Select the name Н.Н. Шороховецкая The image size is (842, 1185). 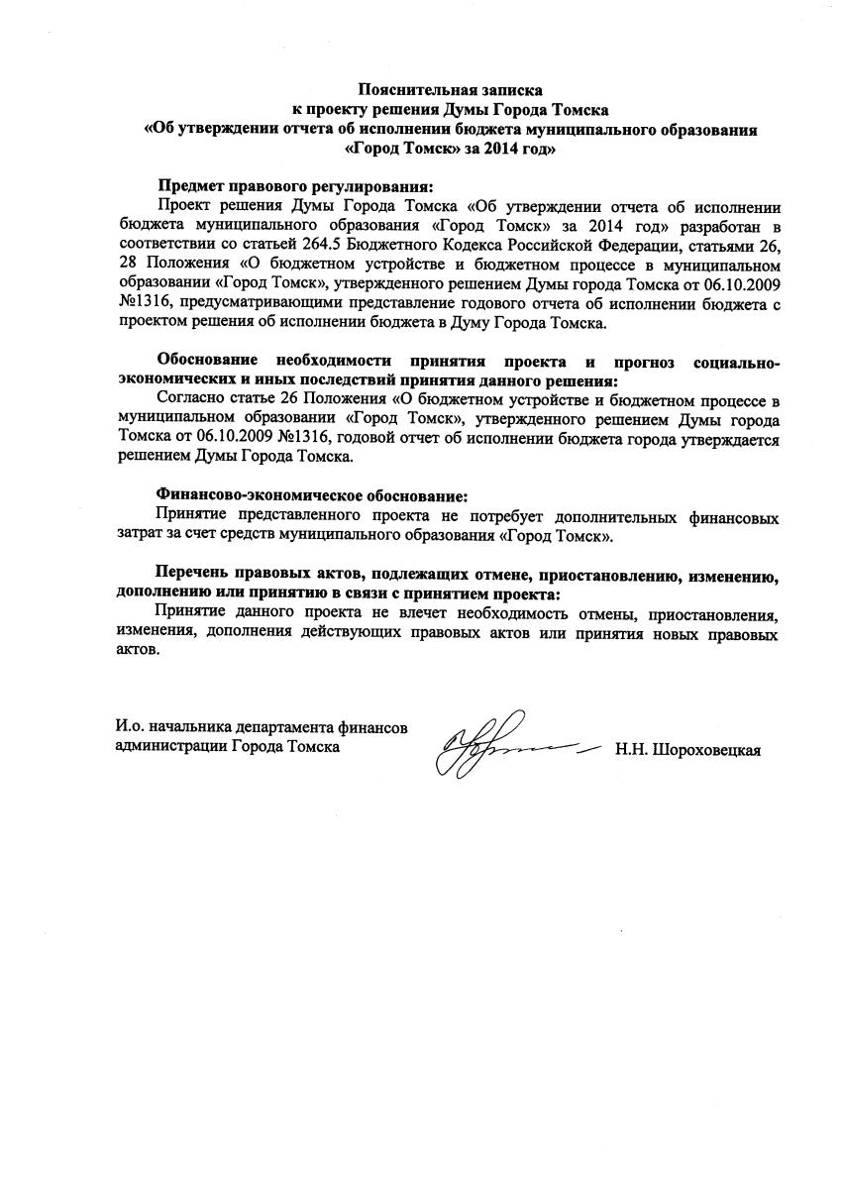pos(687,749)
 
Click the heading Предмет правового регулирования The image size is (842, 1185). pos(296,186)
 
